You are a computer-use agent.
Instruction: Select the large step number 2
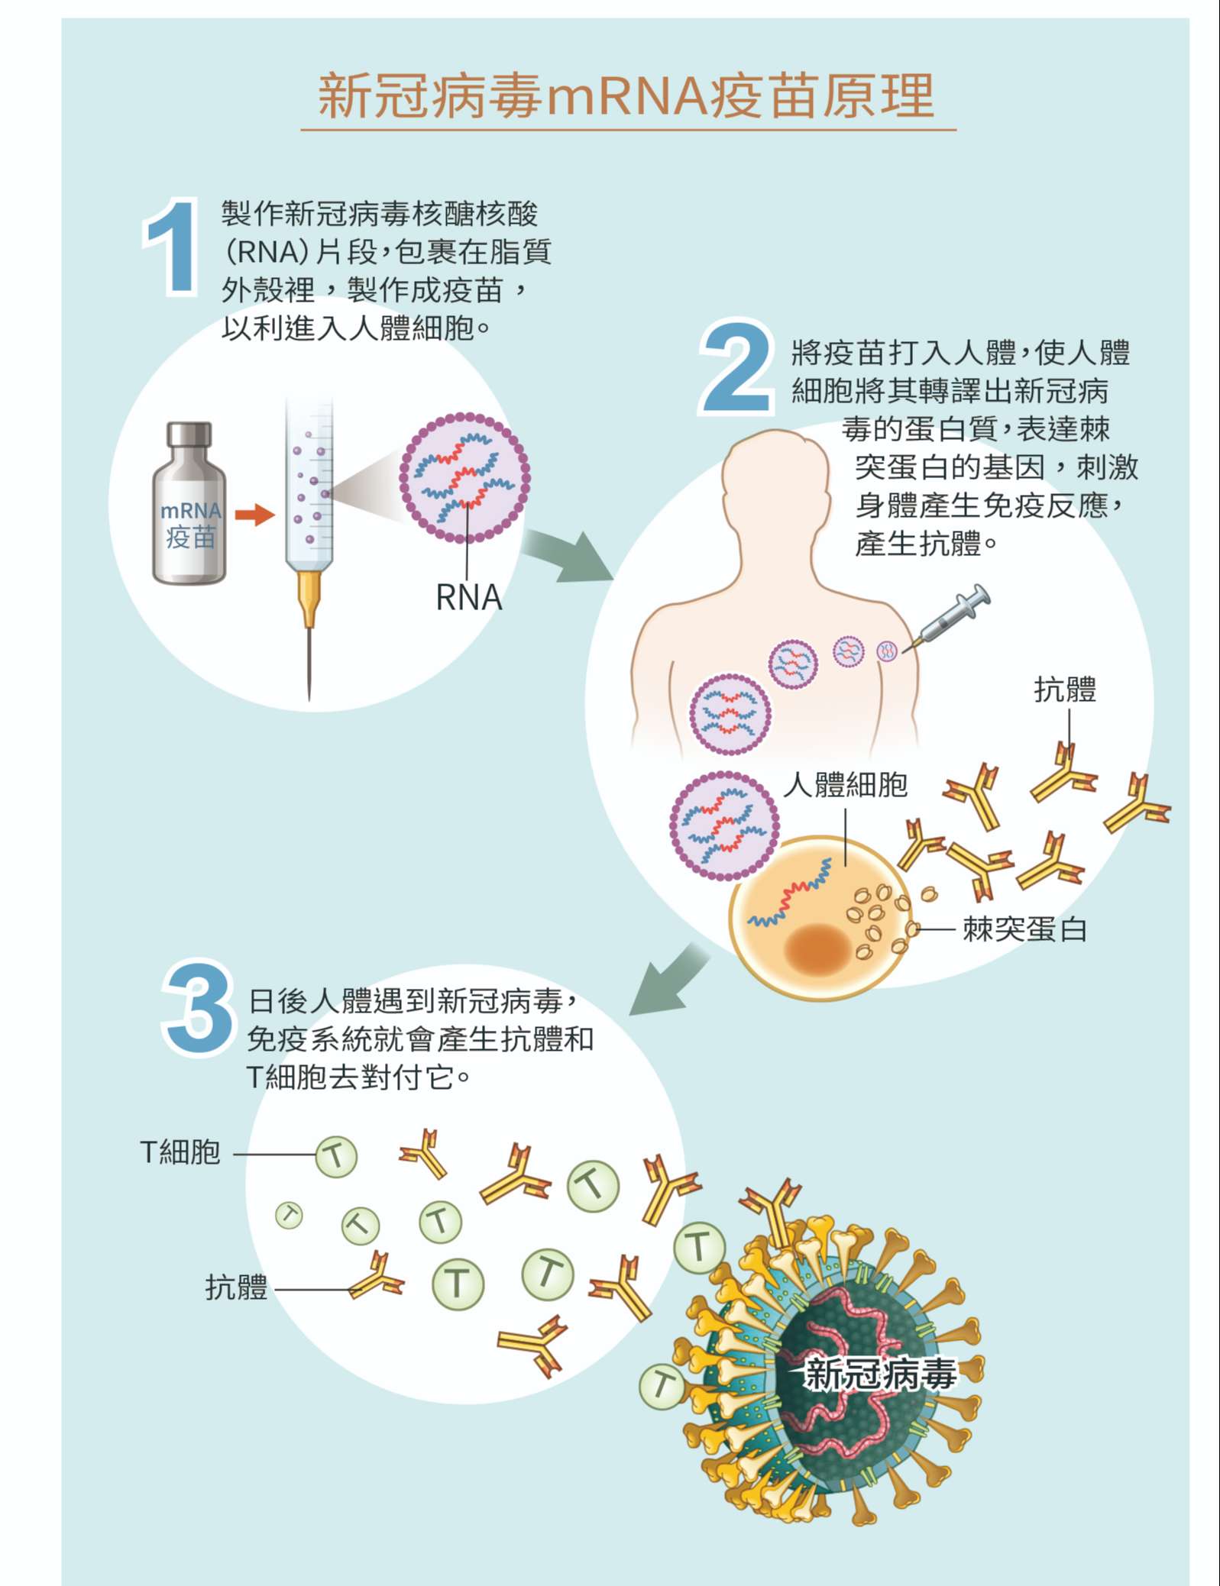click(x=735, y=367)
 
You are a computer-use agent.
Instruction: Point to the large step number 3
click(x=198, y=1007)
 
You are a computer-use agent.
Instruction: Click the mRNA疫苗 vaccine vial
click(x=189, y=503)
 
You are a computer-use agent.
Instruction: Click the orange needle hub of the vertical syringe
click(x=309, y=596)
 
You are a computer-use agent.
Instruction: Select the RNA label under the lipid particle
click(x=468, y=597)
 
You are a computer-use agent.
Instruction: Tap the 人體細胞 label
click(x=846, y=784)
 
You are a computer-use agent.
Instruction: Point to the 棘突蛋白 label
click(x=1024, y=929)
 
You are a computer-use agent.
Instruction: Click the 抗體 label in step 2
click(x=1065, y=689)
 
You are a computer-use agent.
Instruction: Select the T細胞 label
click(x=180, y=1152)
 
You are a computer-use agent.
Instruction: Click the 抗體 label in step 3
click(x=236, y=1287)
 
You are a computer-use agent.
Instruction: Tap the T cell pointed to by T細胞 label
click(x=336, y=1157)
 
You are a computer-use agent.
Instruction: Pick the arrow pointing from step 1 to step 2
click(x=569, y=555)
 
